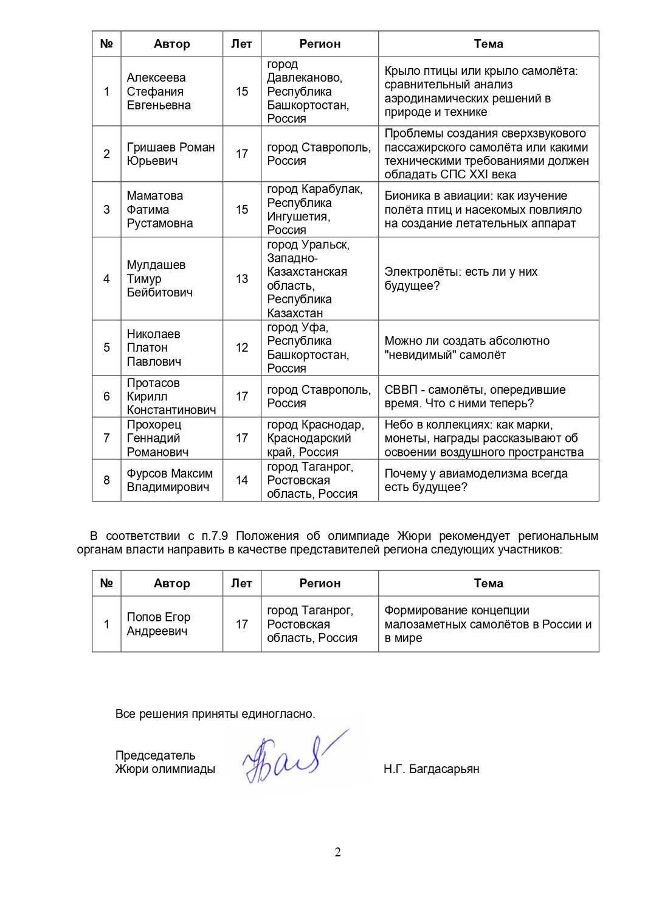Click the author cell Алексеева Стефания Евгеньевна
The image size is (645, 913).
159,91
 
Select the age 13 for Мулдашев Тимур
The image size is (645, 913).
242,279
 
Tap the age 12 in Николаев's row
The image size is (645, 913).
242,348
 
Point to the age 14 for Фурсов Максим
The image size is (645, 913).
242,480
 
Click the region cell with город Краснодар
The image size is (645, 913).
316,438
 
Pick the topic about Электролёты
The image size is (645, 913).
461,279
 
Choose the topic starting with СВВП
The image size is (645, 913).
475,396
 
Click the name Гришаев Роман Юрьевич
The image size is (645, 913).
171,154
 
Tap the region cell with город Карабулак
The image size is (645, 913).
314,209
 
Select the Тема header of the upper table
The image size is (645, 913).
488,44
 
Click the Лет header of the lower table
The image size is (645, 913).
241,583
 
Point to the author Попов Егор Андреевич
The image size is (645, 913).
159,624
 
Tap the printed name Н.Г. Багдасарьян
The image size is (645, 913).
431,769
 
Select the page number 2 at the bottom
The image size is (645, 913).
337,852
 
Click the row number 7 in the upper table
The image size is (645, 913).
106,438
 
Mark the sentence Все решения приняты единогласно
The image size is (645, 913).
215,714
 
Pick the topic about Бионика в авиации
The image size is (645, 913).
483,209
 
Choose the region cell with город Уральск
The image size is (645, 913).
308,279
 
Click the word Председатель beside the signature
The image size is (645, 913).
155,755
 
